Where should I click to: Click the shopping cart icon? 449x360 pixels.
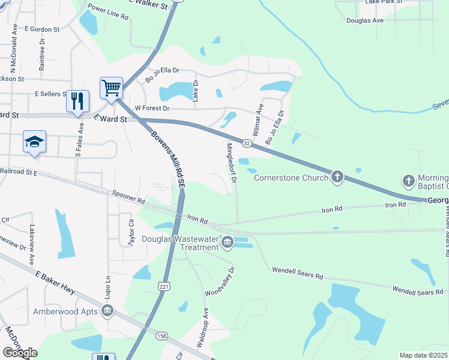(112, 88)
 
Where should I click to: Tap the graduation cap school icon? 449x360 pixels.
(34, 143)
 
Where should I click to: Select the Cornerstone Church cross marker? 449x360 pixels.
(337, 177)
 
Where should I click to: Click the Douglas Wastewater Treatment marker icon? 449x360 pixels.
(227, 242)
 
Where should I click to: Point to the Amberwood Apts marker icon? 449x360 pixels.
(107, 310)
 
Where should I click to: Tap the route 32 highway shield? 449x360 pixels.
(246, 143)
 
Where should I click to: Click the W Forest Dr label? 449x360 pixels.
(152, 108)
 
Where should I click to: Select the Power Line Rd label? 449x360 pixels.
(108, 13)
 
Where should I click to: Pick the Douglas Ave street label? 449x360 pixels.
(365, 20)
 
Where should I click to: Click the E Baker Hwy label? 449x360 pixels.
(55, 283)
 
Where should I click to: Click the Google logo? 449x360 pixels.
(20, 353)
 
